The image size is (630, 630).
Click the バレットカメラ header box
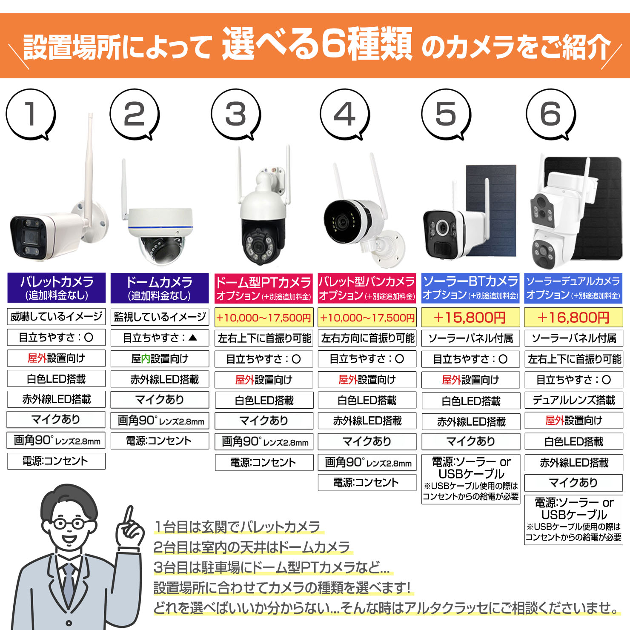57,288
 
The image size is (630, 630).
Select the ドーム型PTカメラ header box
263,288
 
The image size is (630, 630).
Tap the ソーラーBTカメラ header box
470,288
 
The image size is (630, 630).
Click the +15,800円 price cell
470,318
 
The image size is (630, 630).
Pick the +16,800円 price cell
573,318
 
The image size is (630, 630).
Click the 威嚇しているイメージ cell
57,317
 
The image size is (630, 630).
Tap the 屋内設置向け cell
160,358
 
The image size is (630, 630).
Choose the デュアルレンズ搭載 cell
573,400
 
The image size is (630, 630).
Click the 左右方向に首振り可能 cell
367,338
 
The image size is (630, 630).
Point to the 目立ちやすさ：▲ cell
160,338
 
